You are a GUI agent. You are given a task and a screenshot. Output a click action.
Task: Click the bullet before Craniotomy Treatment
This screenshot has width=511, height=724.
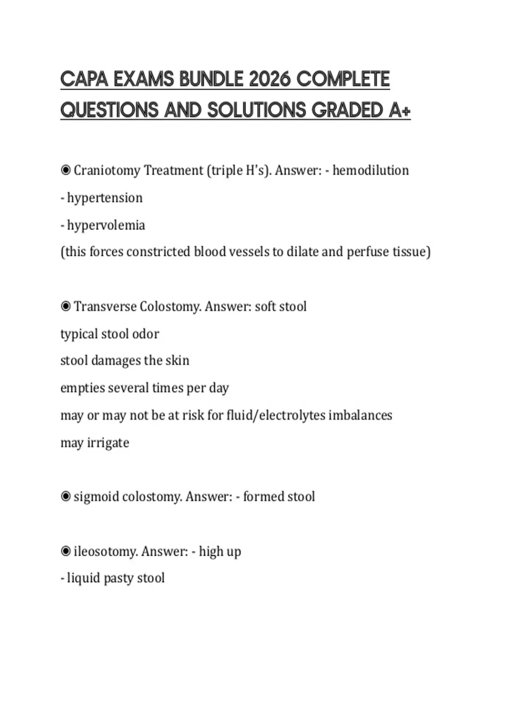66,170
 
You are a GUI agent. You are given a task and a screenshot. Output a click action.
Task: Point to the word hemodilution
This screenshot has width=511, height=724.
370,170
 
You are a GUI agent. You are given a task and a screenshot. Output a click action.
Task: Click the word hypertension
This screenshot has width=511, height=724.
105,198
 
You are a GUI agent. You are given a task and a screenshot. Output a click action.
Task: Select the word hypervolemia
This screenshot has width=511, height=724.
106,225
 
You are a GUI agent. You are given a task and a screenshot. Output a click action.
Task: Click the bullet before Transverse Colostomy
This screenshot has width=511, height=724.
66,306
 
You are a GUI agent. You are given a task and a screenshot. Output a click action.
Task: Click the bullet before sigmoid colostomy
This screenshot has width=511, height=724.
66,497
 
